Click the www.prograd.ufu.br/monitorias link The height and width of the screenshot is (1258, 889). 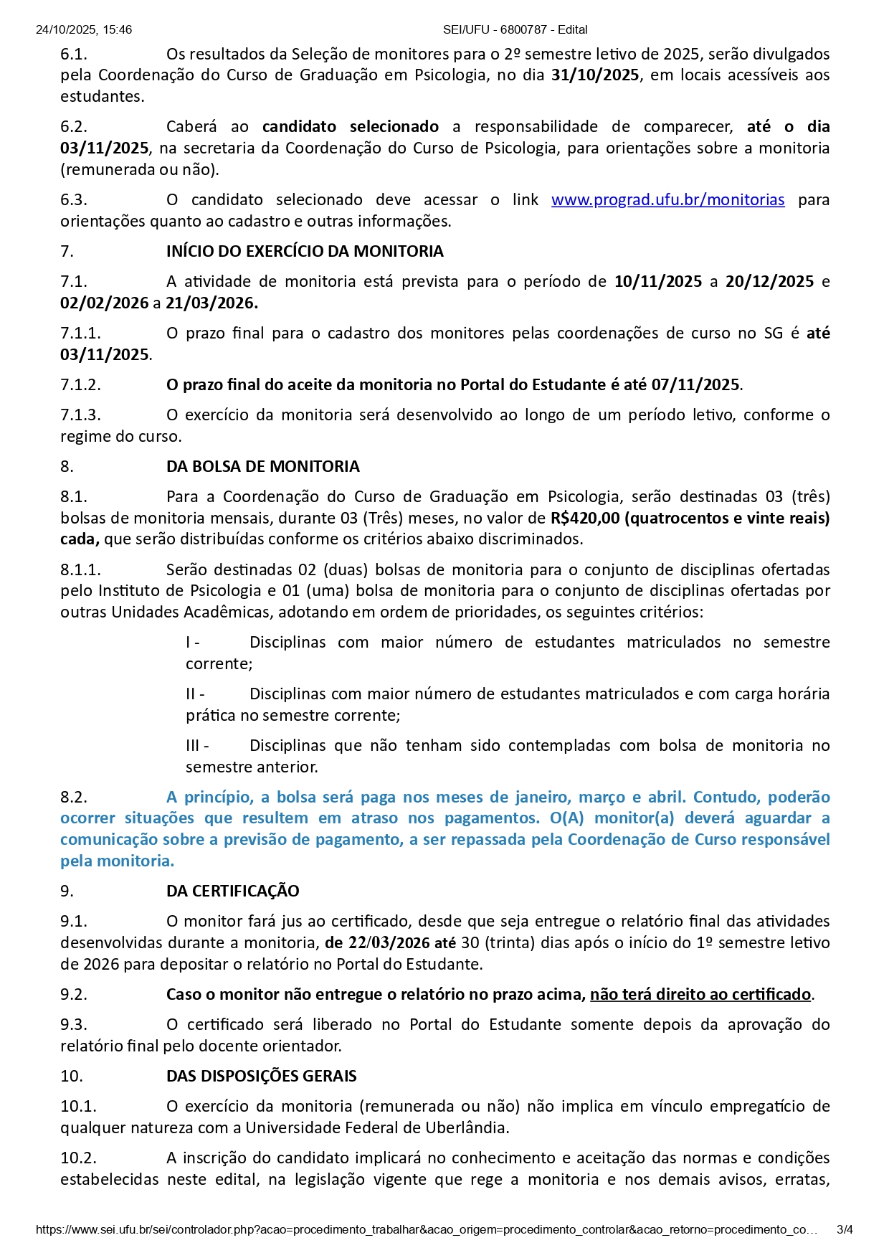click(x=667, y=199)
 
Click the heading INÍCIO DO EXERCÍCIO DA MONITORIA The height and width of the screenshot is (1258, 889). click(x=305, y=251)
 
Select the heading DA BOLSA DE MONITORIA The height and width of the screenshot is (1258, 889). click(x=262, y=466)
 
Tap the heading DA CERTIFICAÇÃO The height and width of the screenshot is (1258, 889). click(x=232, y=891)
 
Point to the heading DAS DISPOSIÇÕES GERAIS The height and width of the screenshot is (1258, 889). click(x=261, y=1076)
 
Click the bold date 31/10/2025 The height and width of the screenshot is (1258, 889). click(x=595, y=75)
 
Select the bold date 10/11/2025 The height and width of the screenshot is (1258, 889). click(x=658, y=281)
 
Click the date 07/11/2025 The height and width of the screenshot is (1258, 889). click(x=695, y=384)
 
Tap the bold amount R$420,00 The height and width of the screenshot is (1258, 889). click(x=584, y=518)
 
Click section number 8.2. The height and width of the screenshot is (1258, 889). click(x=74, y=797)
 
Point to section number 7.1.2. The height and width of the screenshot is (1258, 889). click(x=80, y=384)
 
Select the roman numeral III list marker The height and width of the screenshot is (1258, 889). click(x=197, y=745)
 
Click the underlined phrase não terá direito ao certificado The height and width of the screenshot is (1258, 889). click(x=700, y=994)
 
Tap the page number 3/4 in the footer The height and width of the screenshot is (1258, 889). click(x=845, y=1229)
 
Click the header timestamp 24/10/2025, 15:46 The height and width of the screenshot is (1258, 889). click(x=84, y=29)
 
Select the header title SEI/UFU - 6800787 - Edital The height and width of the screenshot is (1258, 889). click(x=515, y=29)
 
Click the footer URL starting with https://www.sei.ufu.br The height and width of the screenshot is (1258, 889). click(x=427, y=1229)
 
